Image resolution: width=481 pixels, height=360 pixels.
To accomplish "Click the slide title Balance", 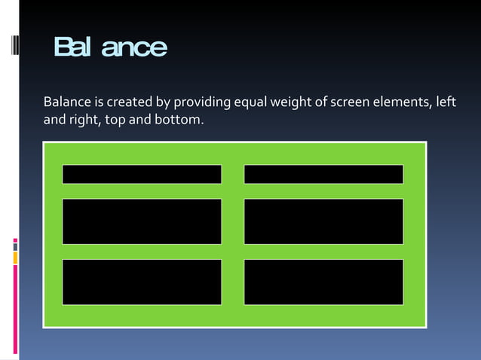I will click(x=110, y=47).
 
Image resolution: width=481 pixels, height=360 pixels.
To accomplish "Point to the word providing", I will click(x=201, y=102).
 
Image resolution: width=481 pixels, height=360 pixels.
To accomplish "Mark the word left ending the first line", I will click(x=447, y=102).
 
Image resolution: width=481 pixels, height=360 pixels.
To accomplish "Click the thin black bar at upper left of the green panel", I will click(x=142, y=174).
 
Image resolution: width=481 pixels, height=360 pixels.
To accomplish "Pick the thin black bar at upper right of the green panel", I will click(x=323, y=174).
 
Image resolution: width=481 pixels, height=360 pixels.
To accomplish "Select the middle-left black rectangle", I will click(x=142, y=221).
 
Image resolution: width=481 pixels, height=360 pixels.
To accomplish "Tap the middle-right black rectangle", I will click(x=323, y=221).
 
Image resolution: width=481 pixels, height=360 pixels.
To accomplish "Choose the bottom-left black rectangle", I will click(x=142, y=282).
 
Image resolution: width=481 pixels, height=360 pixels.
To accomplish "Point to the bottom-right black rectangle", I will click(x=323, y=282).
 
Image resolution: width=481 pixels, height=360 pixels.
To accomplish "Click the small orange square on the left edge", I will click(x=15, y=258).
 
